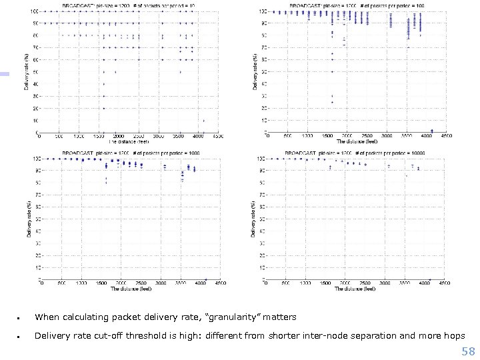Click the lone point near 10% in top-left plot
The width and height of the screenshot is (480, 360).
(x=203, y=121)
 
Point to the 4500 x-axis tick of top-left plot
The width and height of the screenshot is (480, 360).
(x=221, y=137)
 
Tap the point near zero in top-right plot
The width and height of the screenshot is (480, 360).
(x=432, y=131)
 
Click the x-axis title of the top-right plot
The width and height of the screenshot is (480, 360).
(x=357, y=142)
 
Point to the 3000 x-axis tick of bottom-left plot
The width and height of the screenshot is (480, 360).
(x=163, y=284)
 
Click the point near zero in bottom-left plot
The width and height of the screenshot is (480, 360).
(x=206, y=279)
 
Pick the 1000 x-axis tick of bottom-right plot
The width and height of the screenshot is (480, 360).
(x=307, y=284)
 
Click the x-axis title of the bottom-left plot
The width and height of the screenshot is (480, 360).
(x=130, y=289)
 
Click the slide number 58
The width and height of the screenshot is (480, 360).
(x=467, y=351)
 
